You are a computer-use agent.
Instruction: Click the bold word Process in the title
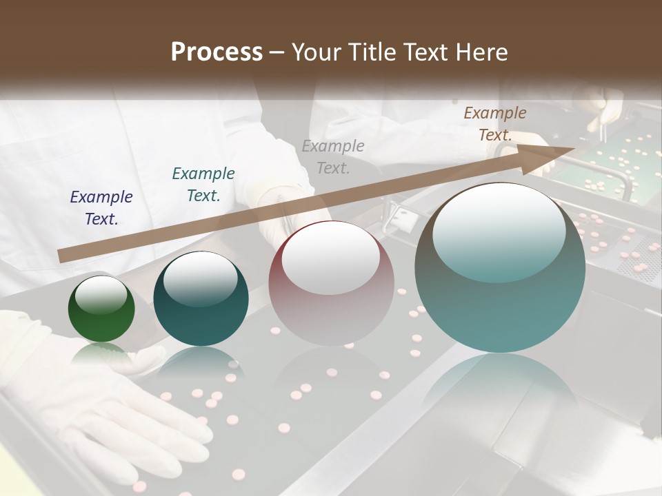coord(217,52)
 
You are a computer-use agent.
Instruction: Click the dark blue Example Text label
coord(101,207)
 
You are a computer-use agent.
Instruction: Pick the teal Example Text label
coord(203,184)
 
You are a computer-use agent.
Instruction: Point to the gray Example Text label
coord(333,156)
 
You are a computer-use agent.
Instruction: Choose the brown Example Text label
coord(495,123)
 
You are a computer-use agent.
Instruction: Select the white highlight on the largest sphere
coord(499,231)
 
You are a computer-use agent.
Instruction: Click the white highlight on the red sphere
coord(331,258)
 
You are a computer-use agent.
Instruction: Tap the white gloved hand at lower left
coord(103,406)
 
